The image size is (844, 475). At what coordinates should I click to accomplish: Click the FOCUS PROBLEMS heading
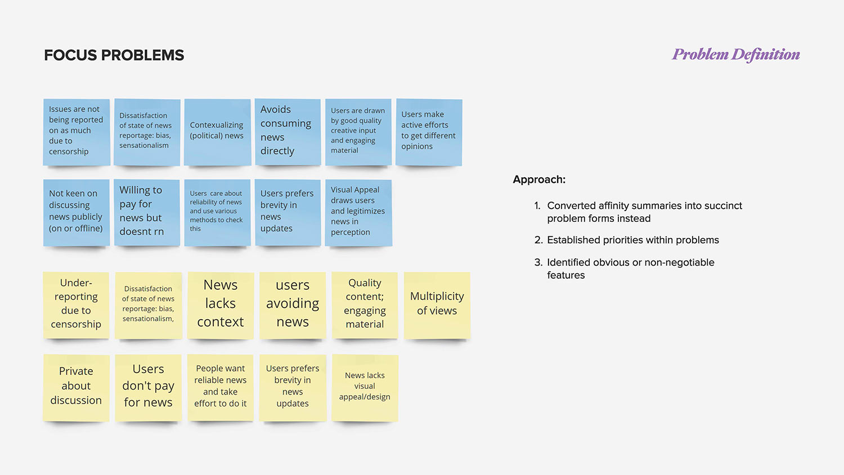click(x=114, y=55)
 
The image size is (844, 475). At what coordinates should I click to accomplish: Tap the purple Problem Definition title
click(x=736, y=55)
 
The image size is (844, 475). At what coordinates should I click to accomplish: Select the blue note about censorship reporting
click(x=77, y=132)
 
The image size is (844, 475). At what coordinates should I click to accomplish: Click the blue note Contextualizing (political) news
click(x=217, y=132)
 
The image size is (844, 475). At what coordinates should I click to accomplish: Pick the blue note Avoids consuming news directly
click(x=288, y=132)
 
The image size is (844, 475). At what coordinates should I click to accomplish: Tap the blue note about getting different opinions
click(x=429, y=132)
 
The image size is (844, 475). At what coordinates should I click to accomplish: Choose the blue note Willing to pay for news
click(x=147, y=212)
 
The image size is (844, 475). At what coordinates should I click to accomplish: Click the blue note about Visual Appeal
click(x=358, y=212)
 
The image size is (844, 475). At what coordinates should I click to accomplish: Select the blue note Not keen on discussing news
click(x=77, y=212)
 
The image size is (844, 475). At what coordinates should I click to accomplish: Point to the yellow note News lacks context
click(x=221, y=304)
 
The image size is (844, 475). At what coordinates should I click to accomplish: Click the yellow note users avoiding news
click(x=293, y=304)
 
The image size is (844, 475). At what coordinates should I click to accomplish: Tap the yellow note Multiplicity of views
click(x=437, y=304)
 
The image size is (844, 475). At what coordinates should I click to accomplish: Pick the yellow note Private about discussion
click(x=76, y=387)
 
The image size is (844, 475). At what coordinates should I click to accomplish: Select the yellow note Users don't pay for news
click(x=149, y=387)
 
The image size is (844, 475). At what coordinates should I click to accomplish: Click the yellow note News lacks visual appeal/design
click(x=365, y=387)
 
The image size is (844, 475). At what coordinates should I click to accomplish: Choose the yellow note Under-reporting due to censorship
click(x=76, y=304)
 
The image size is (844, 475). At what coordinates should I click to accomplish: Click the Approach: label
click(x=539, y=180)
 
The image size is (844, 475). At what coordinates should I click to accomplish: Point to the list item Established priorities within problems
click(x=633, y=240)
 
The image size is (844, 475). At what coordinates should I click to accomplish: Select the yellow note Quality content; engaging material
click(x=365, y=304)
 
